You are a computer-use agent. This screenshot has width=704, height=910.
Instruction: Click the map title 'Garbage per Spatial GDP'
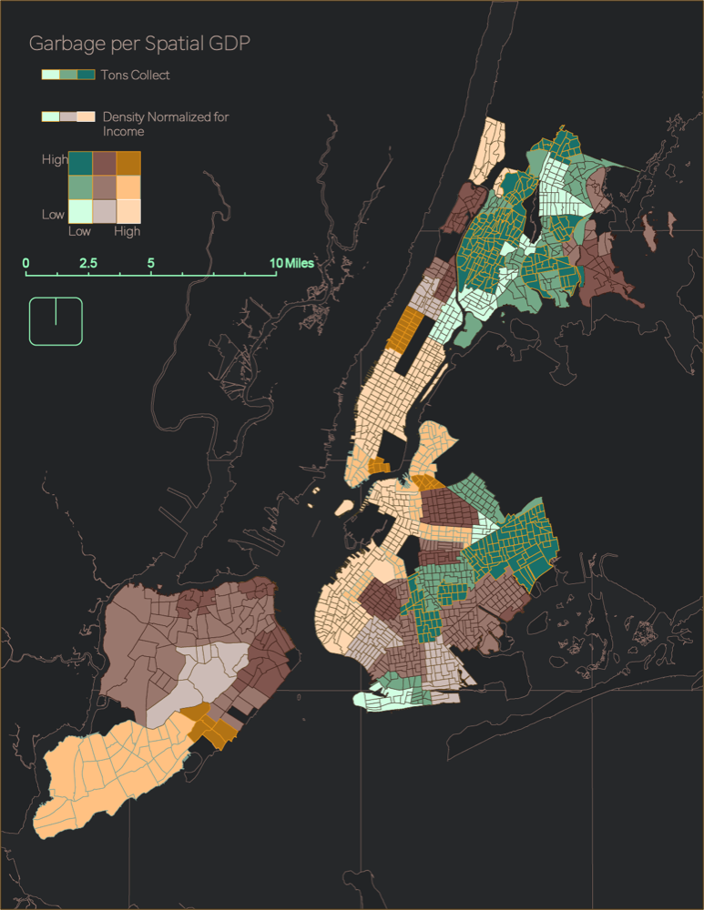139,44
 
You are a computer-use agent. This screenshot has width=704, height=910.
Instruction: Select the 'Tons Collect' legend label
135,75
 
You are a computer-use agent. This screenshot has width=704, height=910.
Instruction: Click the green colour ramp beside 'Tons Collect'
68,75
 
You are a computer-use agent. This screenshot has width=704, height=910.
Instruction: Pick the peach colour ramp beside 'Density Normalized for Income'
68,116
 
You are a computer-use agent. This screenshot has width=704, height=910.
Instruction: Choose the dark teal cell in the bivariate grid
80,163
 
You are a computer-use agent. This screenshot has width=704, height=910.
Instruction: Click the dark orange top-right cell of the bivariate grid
128,163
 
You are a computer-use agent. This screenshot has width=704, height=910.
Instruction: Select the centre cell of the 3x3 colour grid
104,187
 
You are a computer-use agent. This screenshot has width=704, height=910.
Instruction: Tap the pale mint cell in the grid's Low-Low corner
80,210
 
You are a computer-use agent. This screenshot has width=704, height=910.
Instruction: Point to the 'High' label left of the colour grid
55,159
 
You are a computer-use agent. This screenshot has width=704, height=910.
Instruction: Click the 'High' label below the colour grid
128,232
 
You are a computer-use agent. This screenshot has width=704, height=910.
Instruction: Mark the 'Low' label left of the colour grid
53,215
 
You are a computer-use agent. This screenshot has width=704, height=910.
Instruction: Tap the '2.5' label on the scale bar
88,263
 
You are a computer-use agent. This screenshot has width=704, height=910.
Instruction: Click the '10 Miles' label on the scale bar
291,263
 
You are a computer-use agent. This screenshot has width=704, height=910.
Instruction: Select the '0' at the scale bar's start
26,263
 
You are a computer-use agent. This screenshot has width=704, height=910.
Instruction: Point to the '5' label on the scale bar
151,263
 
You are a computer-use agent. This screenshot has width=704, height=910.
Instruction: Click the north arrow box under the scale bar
56,321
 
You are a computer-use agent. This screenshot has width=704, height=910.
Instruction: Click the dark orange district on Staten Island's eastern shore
216,727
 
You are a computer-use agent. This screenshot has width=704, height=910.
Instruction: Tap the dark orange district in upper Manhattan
403,329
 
